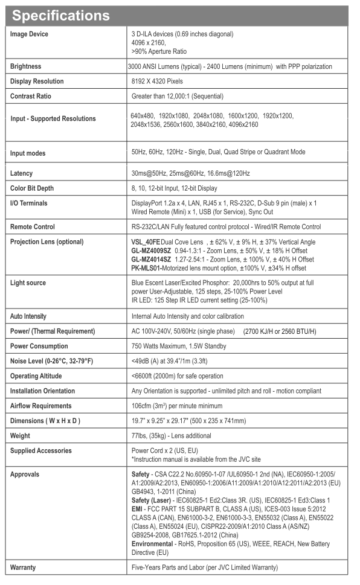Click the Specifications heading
tap(60, 14)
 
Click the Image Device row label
tap(29, 34)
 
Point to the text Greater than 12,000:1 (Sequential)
tap(177, 96)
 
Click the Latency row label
tap(21, 173)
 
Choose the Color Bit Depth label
tap(33, 188)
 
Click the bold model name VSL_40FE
tap(145, 242)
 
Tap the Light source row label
tap(28, 283)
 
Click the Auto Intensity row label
tap(28, 316)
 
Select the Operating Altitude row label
tap(36, 376)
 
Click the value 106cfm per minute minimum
tap(182, 406)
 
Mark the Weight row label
tap(21, 435)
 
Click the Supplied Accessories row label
tap(40, 450)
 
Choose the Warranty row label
tap(24, 568)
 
